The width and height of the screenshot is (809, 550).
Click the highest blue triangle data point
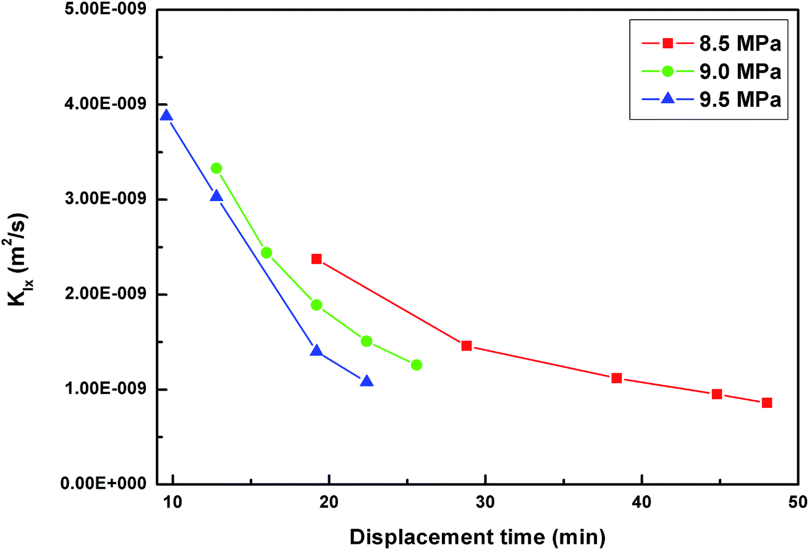[166, 115]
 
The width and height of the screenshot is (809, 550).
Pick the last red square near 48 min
[766, 402]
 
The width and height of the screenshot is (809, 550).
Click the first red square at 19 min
[316, 259]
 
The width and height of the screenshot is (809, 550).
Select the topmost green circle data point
[216, 168]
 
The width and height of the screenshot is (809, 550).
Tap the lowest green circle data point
[417, 365]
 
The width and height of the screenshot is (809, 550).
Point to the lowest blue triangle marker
[366, 381]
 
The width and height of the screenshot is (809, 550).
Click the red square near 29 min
[467, 346]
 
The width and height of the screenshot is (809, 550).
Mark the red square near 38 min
[616, 378]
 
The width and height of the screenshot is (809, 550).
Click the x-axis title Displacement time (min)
[477, 535]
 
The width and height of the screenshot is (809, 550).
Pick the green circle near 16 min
[266, 252]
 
